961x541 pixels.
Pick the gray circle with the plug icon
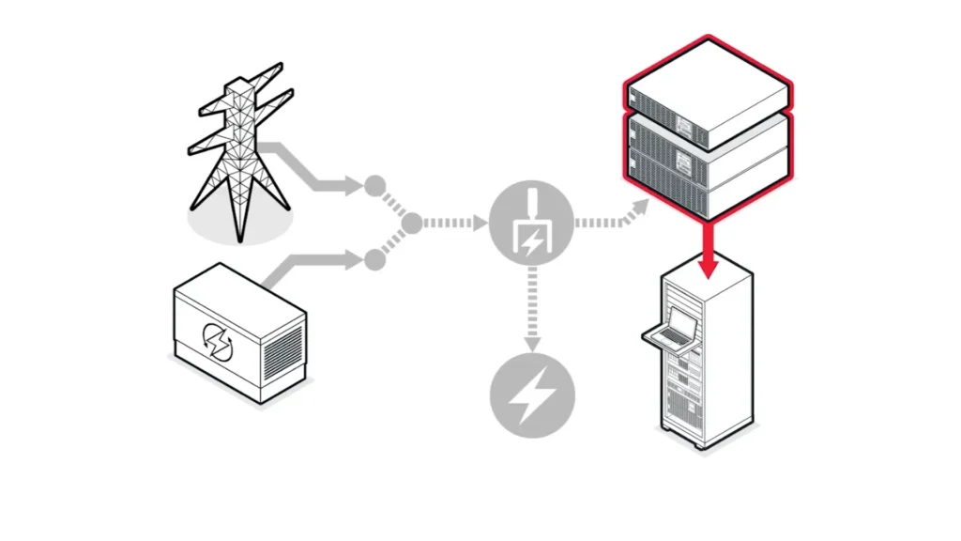coord(530,224)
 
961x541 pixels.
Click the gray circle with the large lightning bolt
coord(530,394)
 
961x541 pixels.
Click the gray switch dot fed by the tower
coord(374,184)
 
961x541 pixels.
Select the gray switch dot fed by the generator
coord(374,260)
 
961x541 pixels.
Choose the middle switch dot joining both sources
coord(411,224)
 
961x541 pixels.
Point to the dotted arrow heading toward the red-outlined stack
coord(610,218)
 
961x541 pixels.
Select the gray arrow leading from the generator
coord(310,263)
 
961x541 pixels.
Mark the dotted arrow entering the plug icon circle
coord(455,224)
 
